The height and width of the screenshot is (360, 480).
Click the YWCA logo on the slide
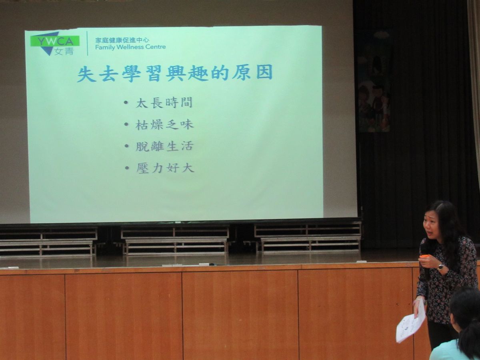click(55, 44)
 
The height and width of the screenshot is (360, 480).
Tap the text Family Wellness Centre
click(130, 47)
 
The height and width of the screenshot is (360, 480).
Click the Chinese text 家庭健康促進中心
click(122, 40)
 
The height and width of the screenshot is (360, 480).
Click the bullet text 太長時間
click(164, 102)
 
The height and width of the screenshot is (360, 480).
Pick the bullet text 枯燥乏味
click(164, 124)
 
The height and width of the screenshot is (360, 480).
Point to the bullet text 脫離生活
click(165, 146)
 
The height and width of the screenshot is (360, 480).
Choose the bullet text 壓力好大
click(165, 168)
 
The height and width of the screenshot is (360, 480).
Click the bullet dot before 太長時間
click(126, 102)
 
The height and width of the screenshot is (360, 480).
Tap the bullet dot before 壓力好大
click(127, 168)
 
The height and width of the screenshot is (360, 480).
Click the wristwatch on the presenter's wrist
click(440, 267)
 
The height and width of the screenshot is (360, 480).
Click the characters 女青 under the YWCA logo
click(64, 51)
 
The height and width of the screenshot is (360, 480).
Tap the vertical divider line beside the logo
click(87, 43)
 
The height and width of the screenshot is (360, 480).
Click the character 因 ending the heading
click(264, 72)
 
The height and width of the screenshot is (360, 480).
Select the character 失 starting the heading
click(86, 74)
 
